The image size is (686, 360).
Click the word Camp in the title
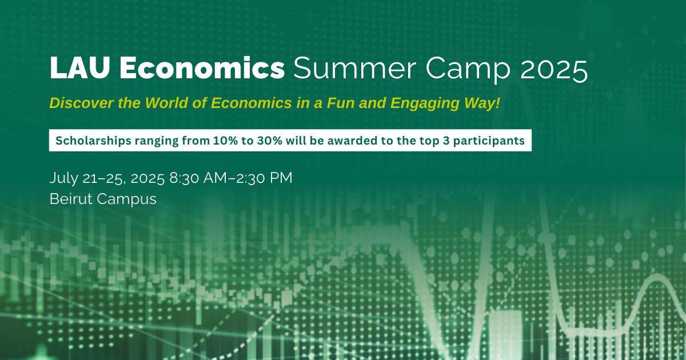pos(468,70)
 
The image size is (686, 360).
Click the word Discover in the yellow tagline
pos(82,103)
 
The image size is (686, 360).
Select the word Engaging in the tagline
pos(425,104)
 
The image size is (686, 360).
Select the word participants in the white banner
pos(489,141)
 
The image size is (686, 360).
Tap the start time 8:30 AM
pos(198,178)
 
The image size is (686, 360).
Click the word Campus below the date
pos(126,199)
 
